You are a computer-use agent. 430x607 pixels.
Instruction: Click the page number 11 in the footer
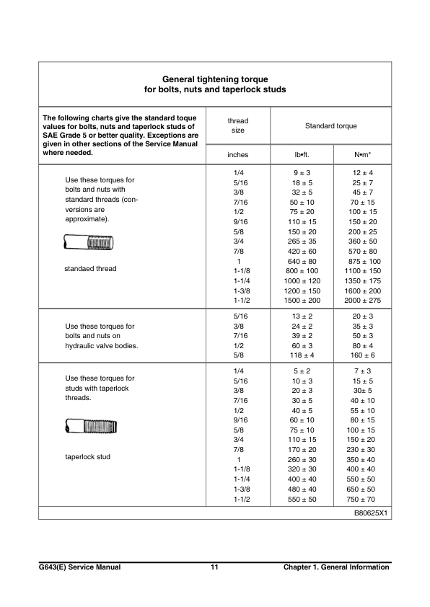coord(214,567)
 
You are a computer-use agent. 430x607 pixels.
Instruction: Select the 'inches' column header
coord(237,154)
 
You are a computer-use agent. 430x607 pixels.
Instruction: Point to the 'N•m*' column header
coord(361,154)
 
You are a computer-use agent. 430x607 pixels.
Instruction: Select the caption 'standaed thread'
coord(91,269)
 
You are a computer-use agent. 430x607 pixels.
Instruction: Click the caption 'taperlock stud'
coord(88,457)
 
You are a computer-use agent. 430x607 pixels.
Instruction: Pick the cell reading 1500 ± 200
coord(302,299)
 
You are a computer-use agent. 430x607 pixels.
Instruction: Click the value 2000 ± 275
coord(362,299)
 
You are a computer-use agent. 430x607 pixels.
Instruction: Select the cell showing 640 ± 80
coord(302,260)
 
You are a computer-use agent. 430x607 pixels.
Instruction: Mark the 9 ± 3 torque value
coord(302,174)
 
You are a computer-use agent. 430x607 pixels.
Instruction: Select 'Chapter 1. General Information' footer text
coord(336,567)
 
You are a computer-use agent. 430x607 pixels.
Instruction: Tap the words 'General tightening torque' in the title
coord(215,79)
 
